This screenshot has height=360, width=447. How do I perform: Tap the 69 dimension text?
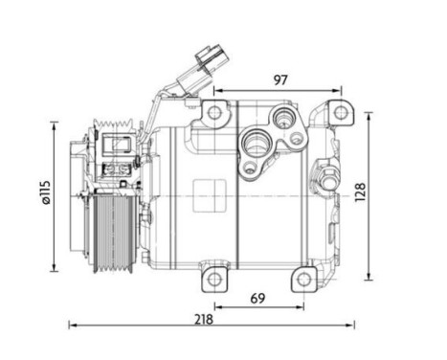257,298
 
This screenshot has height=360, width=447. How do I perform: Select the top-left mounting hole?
213,113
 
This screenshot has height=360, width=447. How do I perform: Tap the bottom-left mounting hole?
214,280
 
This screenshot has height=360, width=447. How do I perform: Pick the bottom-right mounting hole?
304,280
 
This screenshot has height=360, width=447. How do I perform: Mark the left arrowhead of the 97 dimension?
217,92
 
